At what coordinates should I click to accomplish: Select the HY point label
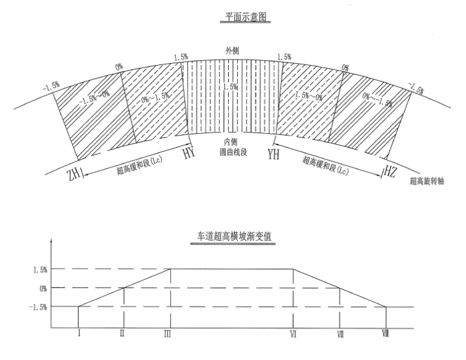[x=189, y=153]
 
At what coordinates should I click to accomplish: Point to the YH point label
[x=273, y=153]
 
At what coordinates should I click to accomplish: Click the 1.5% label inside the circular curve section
[x=231, y=87]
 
